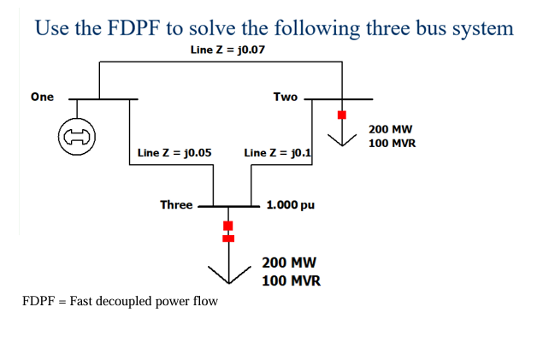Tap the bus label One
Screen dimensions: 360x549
click(x=42, y=97)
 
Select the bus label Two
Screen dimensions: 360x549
click(x=286, y=97)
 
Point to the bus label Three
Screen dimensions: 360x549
click(x=176, y=204)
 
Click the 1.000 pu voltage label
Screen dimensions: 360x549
click(x=291, y=205)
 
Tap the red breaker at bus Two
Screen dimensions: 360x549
click(x=341, y=115)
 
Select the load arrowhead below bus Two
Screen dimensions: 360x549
click(x=341, y=140)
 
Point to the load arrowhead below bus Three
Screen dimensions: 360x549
click(x=228, y=274)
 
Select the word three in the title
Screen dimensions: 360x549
click(x=384, y=28)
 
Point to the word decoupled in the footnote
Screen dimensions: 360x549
click(x=133, y=301)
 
